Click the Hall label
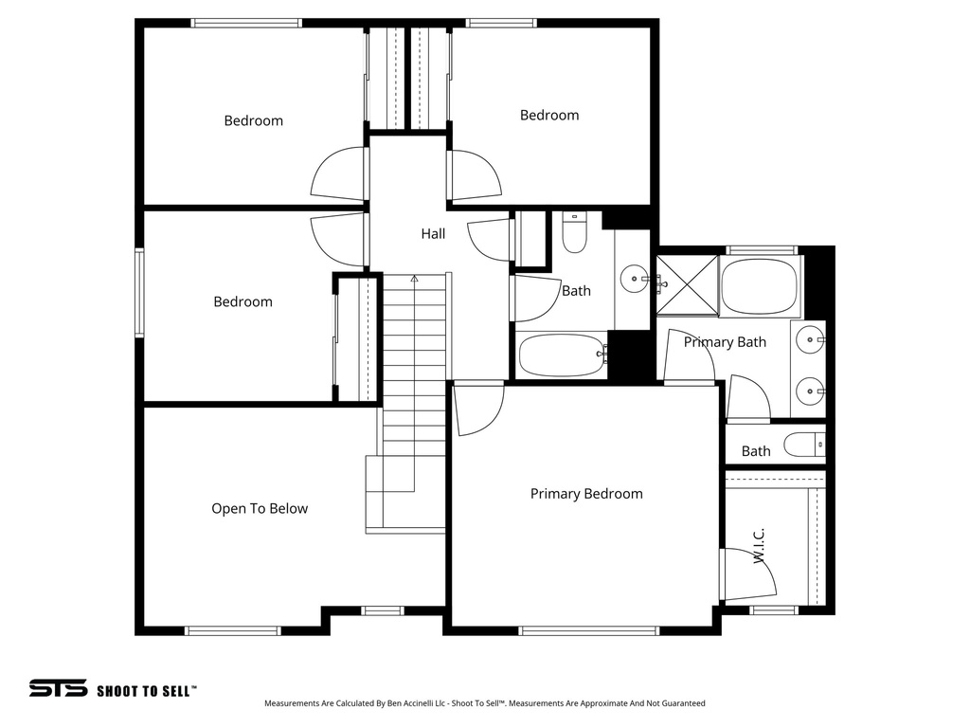pos(433,234)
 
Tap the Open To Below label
pos(260,509)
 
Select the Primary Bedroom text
pos(586,494)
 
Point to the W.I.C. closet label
pos(759,545)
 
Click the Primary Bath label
pos(725,342)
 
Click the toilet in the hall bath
pos(575,233)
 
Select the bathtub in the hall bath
pos(563,355)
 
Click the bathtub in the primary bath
pos(761,286)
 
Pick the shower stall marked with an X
pos(688,286)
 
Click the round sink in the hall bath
pos(633,279)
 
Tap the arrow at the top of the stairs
pos(415,279)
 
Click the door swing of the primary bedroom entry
pos(478,409)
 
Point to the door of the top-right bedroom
pos(476,175)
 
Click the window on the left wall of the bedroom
pos(139,293)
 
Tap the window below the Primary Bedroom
pos(589,630)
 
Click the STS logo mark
pos(58,688)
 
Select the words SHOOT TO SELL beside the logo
pos(147,691)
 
